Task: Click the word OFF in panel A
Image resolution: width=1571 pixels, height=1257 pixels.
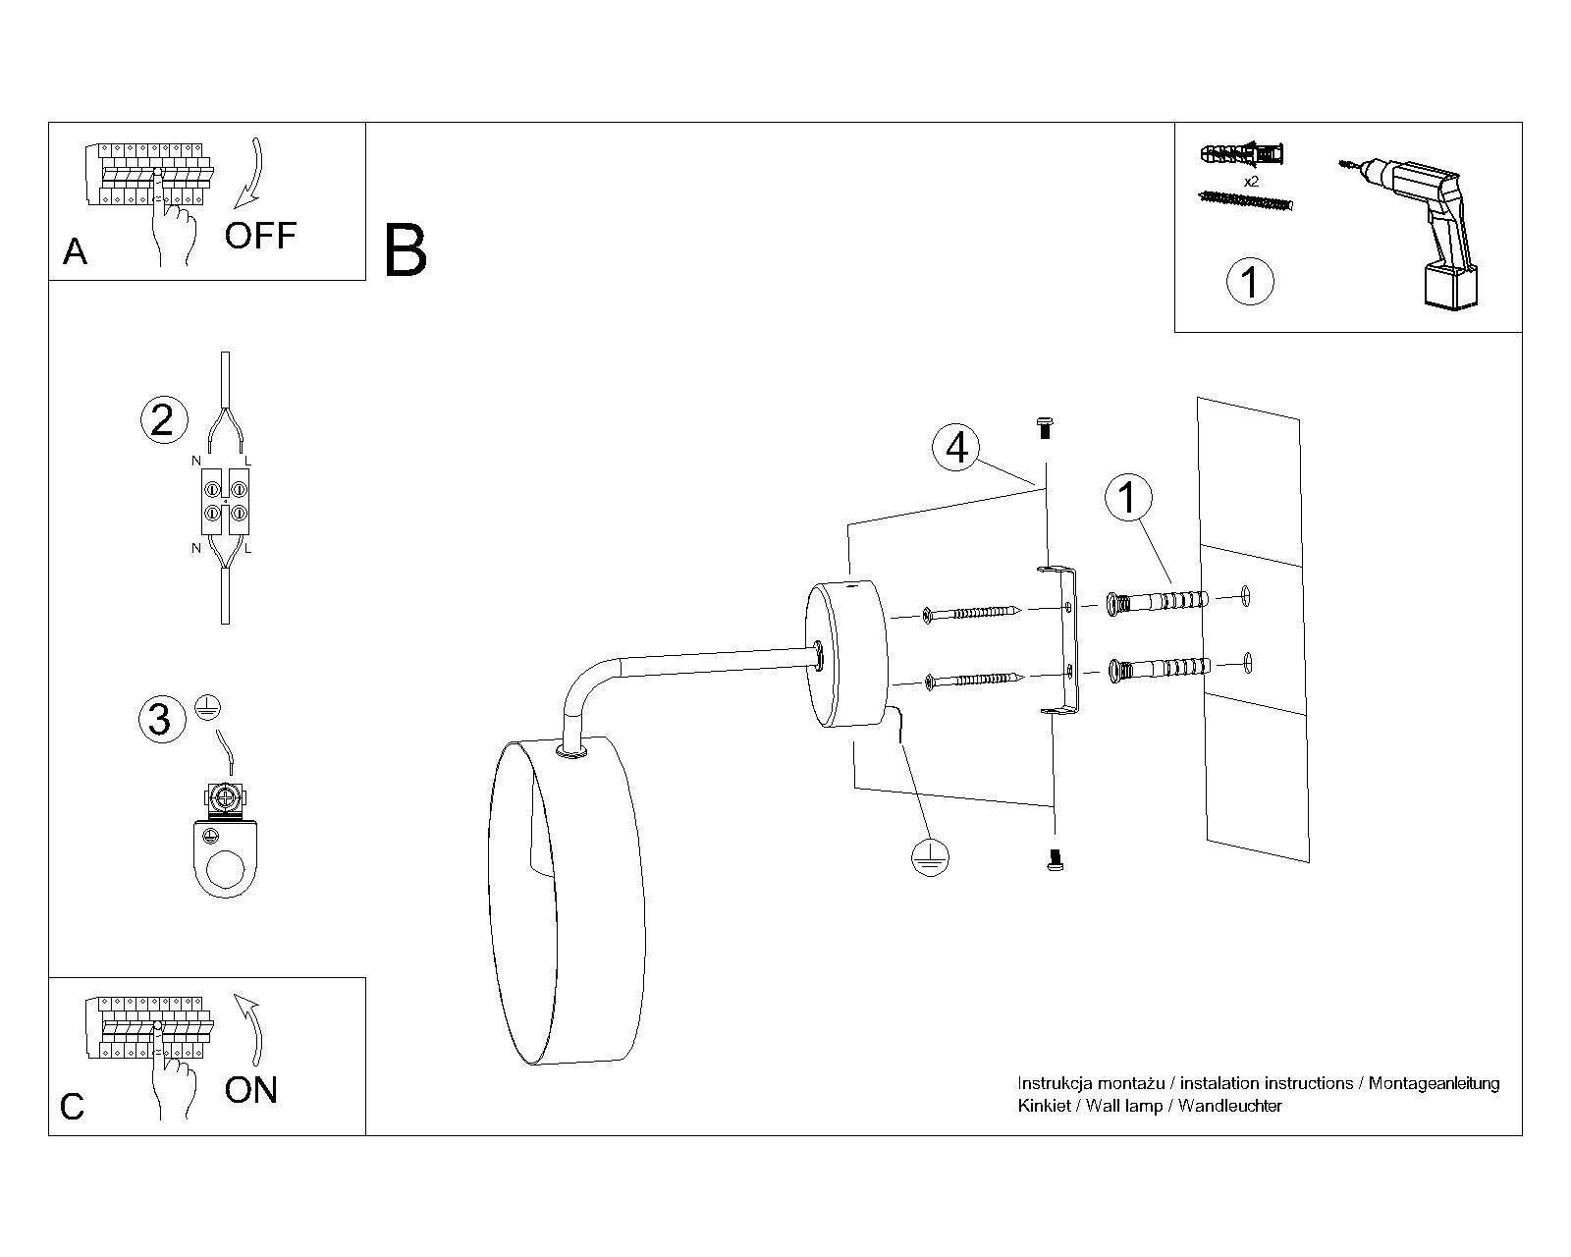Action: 260,235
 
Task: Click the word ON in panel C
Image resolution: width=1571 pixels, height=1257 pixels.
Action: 251,1090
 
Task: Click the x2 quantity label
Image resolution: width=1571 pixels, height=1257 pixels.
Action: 1251,182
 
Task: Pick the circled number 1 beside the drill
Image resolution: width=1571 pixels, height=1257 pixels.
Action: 1250,282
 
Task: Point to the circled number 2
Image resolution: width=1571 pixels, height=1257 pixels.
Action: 164,420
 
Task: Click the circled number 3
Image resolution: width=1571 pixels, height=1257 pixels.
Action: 161,720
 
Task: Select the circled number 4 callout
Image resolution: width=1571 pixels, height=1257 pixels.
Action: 956,448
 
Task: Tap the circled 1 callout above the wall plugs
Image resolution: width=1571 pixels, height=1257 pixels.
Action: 1128,497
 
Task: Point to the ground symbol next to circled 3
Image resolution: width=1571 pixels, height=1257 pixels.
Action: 208,707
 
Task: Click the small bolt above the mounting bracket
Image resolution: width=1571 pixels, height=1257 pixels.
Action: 1045,427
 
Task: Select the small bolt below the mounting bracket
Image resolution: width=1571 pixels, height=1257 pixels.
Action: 1054,860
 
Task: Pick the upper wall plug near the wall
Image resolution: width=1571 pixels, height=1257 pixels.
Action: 1158,603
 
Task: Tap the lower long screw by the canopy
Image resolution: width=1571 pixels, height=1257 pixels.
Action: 974,681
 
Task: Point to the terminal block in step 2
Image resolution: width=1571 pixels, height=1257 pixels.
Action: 226,501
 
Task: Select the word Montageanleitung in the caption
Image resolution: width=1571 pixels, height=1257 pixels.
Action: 1434,1084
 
